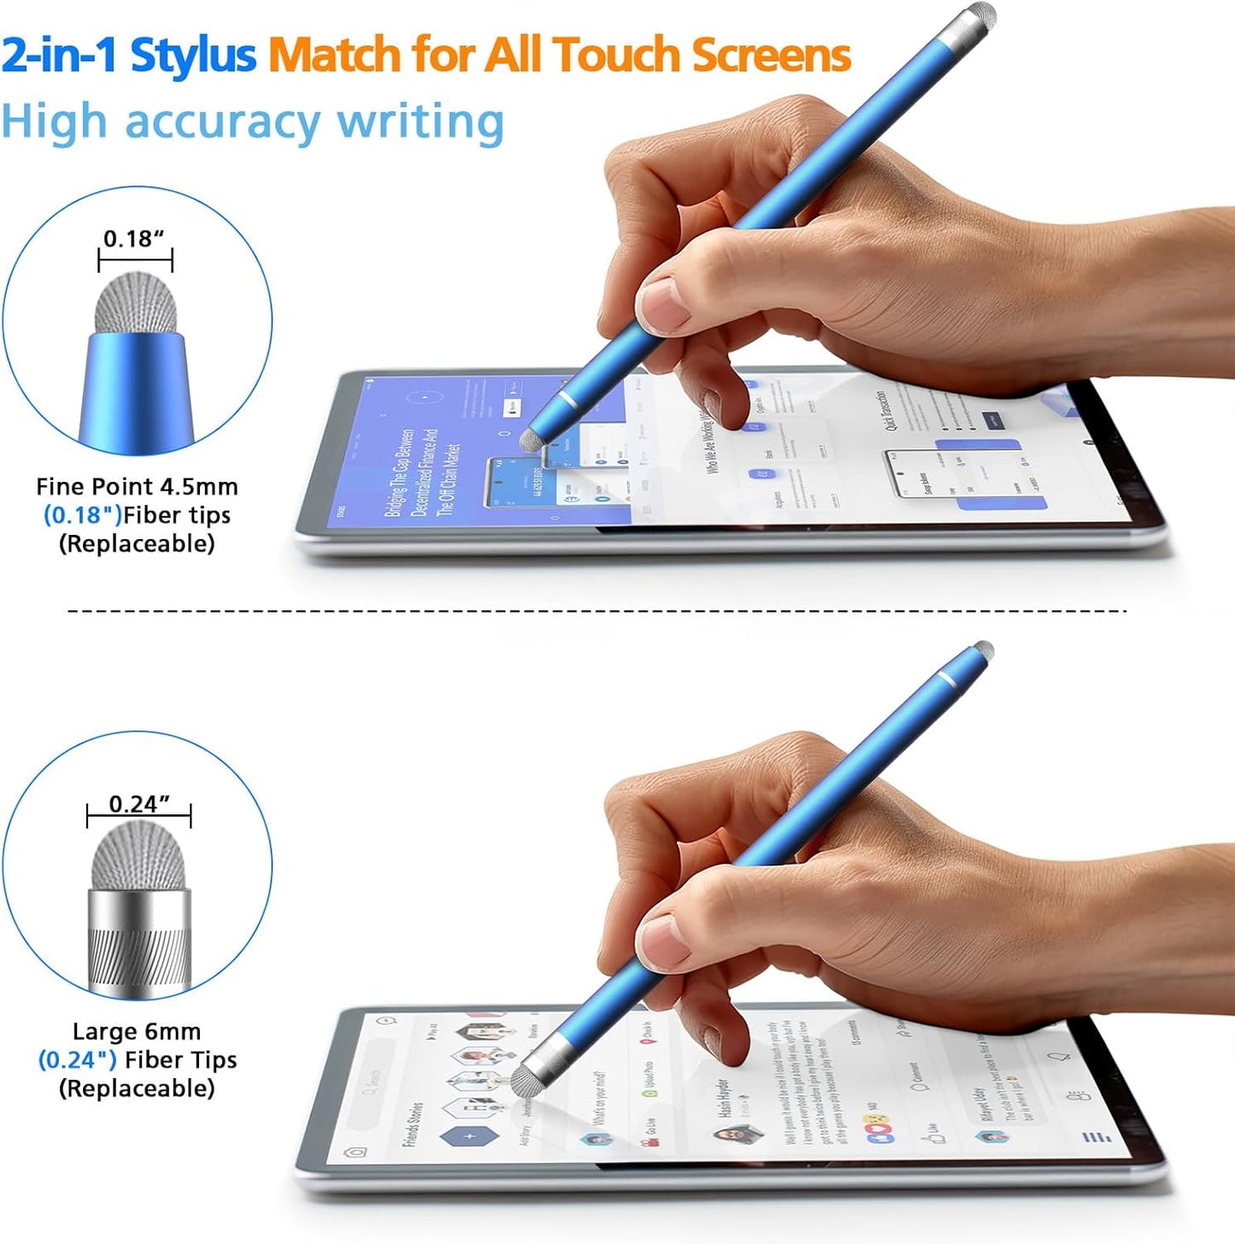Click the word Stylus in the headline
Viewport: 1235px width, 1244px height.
(x=192, y=55)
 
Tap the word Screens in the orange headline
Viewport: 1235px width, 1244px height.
(x=771, y=55)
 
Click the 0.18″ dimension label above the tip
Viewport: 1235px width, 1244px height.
(x=133, y=238)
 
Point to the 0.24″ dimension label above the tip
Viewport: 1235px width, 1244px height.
(x=138, y=804)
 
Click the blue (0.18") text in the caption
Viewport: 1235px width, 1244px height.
(x=82, y=515)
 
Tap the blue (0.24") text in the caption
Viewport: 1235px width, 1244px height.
(x=78, y=1060)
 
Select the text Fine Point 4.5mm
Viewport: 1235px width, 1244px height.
(x=137, y=487)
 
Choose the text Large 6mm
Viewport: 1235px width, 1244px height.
(x=137, y=1031)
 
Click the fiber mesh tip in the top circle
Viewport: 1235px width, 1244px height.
(x=135, y=302)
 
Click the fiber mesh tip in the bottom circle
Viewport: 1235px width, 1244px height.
(x=138, y=857)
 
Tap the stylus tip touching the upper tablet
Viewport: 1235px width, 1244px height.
(x=531, y=439)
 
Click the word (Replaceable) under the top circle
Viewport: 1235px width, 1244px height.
(x=137, y=543)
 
